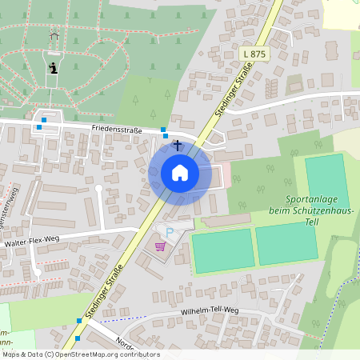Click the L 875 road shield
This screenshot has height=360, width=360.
[254, 54]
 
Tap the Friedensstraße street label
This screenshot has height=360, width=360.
[117, 128]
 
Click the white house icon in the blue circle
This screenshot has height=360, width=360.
[180, 173]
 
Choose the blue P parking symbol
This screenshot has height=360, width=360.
[169, 232]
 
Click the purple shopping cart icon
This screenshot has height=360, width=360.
[161, 246]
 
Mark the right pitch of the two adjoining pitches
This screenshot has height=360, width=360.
[286, 245]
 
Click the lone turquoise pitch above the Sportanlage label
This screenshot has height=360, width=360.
[326, 182]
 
